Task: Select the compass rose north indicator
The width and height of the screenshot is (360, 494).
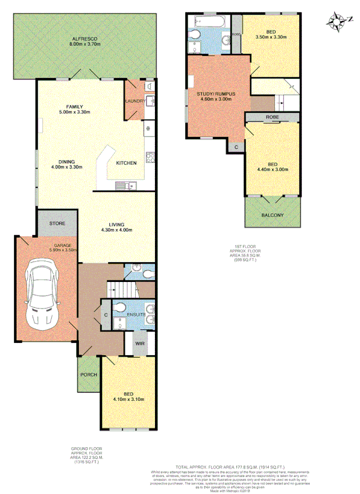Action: tap(339, 22)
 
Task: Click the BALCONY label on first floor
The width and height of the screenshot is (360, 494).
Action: tap(273, 215)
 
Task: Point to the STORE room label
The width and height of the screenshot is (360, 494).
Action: tap(57, 223)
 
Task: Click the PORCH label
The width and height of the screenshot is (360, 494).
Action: tap(88, 375)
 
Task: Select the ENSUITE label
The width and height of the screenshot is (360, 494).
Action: tap(137, 314)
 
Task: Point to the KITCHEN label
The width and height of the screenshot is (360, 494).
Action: tap(126, 163)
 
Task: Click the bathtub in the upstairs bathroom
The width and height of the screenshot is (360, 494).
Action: tap(210, 22)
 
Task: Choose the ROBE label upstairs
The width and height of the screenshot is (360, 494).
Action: tap(272, 117)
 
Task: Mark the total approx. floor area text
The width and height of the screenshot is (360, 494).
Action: tap(230, 467)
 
